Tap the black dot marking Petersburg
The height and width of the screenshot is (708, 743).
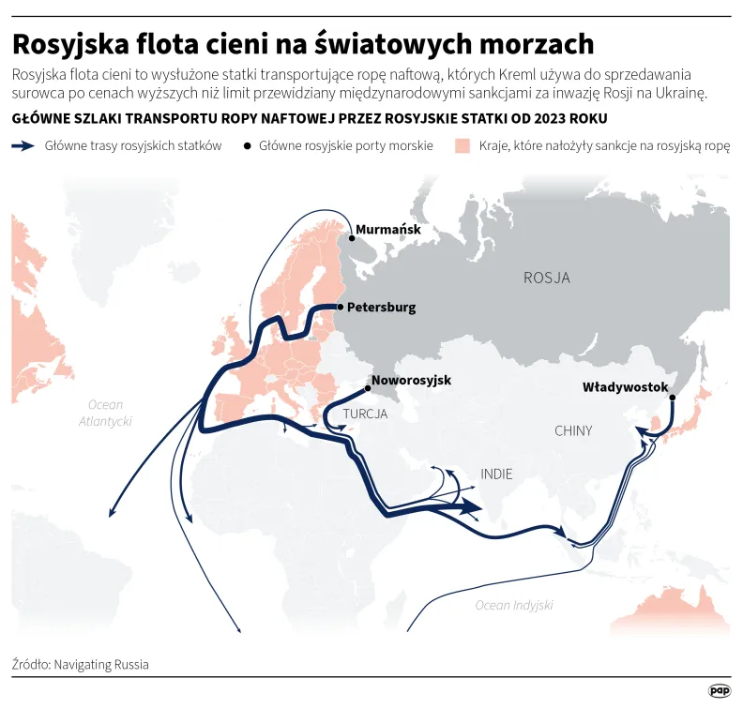point(340,307)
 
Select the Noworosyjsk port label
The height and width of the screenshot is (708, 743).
point(411,381)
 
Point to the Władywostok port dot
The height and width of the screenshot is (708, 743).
point(673,397)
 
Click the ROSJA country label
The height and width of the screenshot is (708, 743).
point(546,278)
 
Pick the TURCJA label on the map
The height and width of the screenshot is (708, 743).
point(365,414)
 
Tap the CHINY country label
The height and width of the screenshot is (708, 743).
point(573,431)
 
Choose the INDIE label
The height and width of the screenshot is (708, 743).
point(497,475)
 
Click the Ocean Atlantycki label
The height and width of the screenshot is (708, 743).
point(105,414)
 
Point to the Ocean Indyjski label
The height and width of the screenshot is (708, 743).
point(514,605)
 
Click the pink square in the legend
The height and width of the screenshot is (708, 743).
point(462,147)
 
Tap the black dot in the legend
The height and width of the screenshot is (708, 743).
point(248,147)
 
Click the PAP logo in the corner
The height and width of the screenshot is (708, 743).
point(720,690)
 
